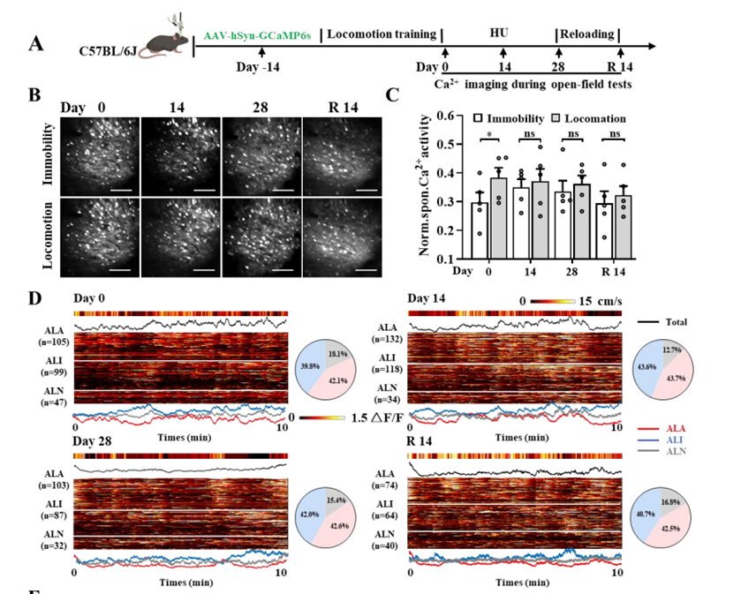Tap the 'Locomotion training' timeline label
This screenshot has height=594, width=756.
[x=382, y=34]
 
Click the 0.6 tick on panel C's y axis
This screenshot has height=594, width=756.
[x=430, y=116]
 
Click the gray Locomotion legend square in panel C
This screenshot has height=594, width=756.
[x=560, y=117]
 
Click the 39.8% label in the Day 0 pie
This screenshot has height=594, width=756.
[x=308, y=364]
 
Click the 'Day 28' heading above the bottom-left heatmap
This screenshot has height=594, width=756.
[x=94, y=440]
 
